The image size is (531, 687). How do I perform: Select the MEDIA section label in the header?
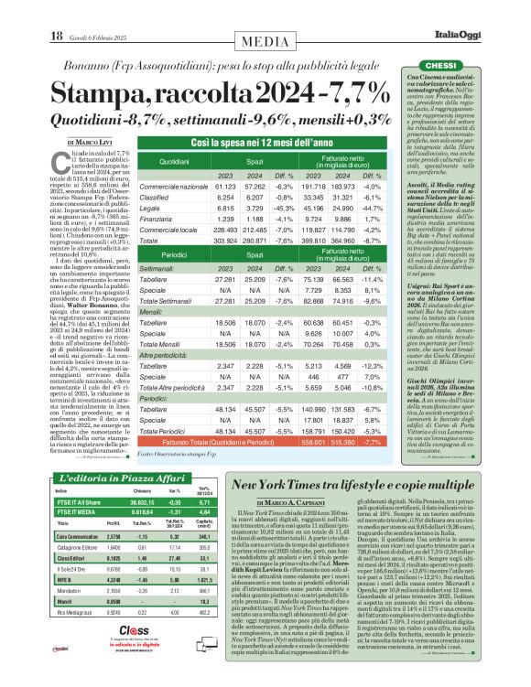coord(266,39)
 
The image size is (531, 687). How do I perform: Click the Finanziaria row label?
coord(153,220)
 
